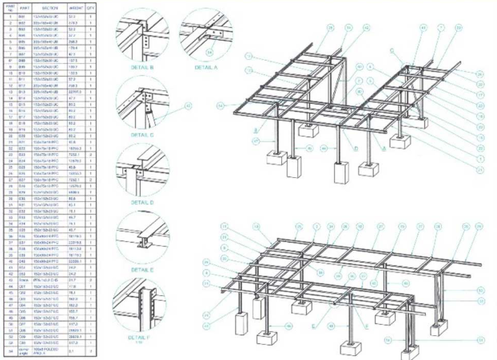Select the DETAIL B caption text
click(x=141, y=68)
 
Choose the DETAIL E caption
click(x=141, y=270)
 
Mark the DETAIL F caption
click(x=141, y=339)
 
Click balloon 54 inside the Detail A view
click(x=187, y=53)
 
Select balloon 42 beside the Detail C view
click(x=189, y=105)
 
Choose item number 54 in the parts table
click(x=9, y=350)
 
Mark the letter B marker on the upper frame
click(x=256, y=128)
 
